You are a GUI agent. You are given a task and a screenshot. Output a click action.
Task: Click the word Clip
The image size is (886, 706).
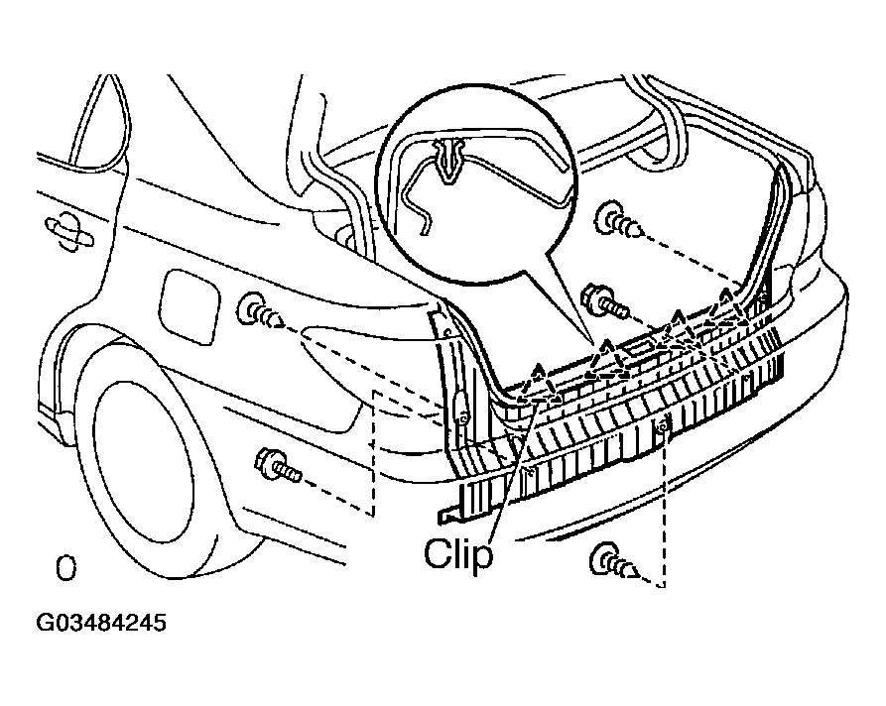pos(458,553)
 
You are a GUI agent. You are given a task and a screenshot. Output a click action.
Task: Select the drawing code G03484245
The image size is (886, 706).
pos(101,623)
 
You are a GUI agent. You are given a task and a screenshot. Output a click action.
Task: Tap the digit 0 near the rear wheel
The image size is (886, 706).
pos(65,569)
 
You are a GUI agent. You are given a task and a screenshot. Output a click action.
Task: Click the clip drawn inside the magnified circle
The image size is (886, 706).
pos(449,160)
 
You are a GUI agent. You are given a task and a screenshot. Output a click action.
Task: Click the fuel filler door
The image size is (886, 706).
pos(190,306)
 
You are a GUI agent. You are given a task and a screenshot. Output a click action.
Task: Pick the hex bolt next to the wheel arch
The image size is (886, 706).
pos(278,465)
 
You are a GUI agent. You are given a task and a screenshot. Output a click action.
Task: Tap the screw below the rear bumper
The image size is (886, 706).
pos(614,562)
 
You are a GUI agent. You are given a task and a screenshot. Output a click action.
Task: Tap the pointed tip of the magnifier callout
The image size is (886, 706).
pos(594,343)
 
